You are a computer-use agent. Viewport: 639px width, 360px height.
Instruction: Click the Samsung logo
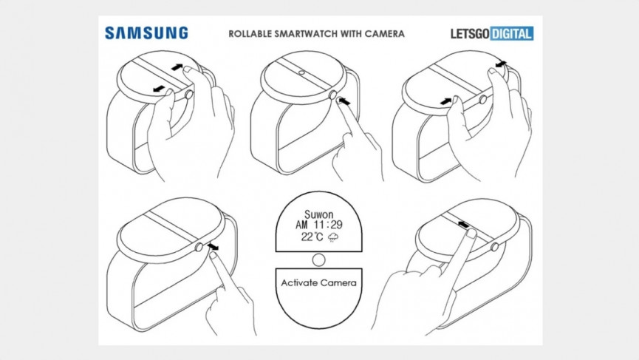146,33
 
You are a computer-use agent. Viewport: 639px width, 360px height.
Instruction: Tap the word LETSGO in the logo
471,33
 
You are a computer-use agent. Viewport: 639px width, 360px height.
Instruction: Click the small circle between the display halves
319,259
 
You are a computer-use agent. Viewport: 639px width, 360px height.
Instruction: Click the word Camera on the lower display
341,283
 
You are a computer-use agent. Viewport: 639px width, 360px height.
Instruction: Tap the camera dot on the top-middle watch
303,73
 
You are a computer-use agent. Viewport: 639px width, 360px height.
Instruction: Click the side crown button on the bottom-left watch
200,248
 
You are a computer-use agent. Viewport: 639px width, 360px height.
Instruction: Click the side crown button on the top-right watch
483,99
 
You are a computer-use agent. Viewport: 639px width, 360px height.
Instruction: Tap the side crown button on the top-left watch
191,95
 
